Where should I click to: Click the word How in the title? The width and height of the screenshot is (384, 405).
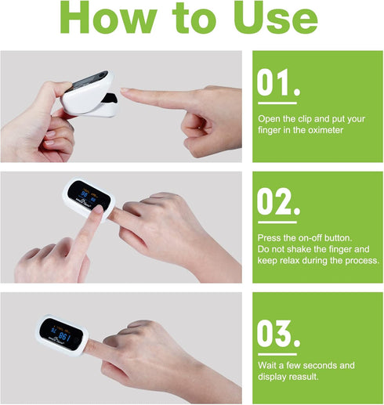[108, 17]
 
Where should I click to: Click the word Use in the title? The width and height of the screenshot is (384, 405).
[276, 17]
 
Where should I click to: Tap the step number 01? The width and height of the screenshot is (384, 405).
[278, 82]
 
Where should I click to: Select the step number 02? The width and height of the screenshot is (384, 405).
[278, 201]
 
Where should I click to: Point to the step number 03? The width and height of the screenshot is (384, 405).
[278, 334]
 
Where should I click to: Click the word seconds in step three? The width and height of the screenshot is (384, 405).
[319, 365]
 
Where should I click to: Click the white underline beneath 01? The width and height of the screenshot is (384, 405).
[277, 103]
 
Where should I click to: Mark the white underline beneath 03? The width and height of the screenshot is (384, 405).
[277, 354]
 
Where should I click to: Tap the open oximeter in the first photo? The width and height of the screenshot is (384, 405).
[89, 94]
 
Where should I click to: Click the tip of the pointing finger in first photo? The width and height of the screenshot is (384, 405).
[122, 90]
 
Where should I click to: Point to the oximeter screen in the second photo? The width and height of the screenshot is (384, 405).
[89, 195]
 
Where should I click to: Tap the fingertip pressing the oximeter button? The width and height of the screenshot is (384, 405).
[99, 209]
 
